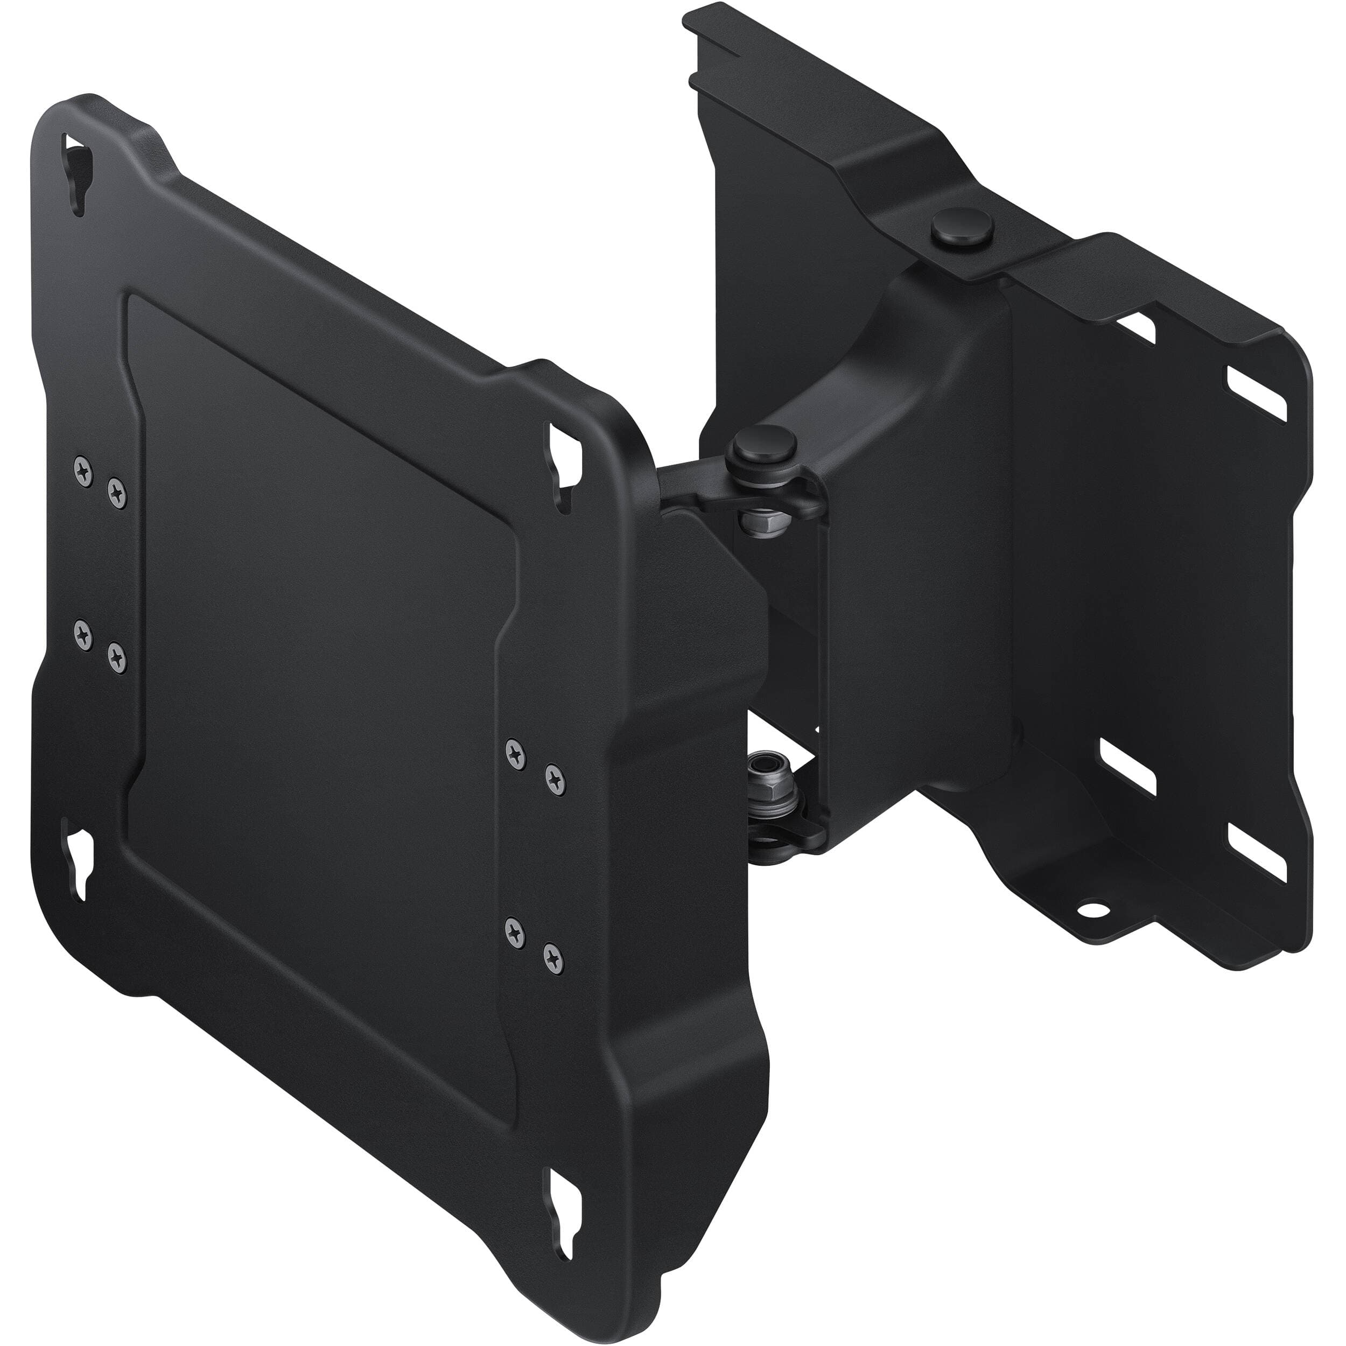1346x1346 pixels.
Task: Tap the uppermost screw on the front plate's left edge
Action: click(x=83, y=471)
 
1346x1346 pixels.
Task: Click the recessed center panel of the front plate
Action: click(x=320, y=578)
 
